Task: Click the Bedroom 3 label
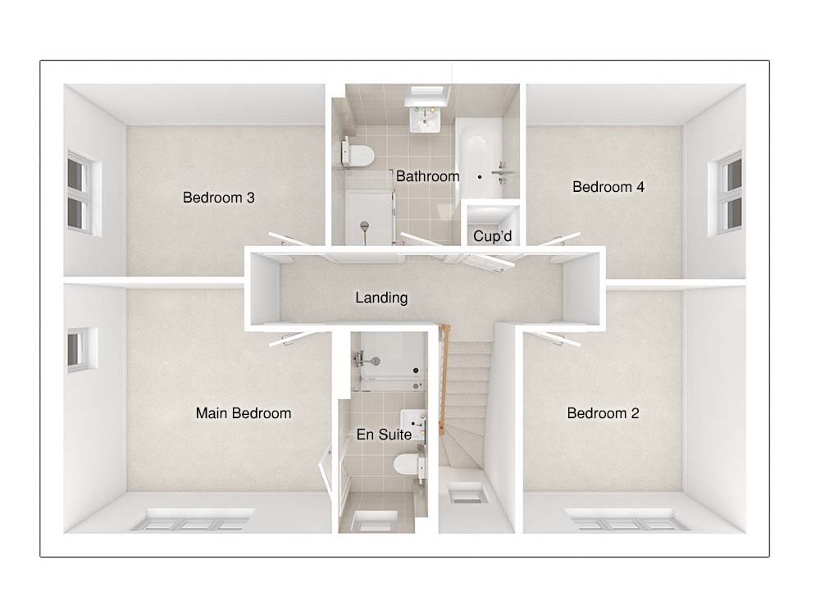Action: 218,198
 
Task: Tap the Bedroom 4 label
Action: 608,187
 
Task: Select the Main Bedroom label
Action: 243,413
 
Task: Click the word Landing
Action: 381,298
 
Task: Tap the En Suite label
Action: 384,435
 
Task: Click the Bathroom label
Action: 427,176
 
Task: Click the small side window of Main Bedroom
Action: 80,349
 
